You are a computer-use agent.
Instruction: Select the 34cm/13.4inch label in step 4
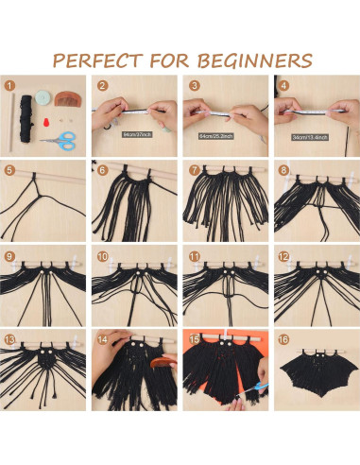(311, 134)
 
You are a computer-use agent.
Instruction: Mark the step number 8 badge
(281, 171)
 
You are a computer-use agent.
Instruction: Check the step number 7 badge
(190, 171)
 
